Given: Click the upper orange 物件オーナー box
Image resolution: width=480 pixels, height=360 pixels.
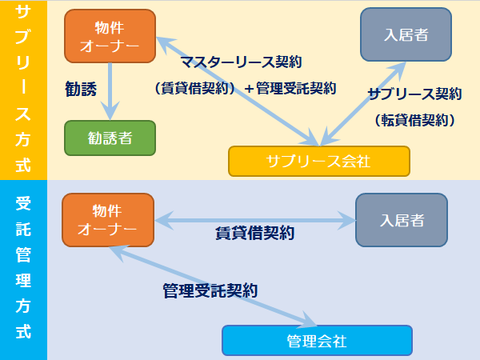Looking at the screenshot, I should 110,37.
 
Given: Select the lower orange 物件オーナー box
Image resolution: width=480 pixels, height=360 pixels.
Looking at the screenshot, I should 106,220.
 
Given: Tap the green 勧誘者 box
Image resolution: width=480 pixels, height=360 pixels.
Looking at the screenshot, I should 110,138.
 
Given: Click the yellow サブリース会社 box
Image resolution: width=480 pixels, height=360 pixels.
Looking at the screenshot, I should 318,161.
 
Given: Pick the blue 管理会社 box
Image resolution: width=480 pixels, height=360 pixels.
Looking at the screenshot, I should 317,341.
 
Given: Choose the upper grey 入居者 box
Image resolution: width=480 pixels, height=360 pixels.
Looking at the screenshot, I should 406,34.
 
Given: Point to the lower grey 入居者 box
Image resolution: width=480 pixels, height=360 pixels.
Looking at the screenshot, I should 402,219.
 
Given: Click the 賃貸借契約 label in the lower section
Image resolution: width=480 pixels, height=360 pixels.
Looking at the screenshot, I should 254,234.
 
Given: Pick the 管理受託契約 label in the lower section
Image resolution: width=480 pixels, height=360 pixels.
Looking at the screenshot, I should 210,290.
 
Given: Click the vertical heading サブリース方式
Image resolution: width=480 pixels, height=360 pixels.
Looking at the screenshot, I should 23,89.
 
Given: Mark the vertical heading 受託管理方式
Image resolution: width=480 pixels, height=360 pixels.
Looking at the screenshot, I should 23,270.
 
